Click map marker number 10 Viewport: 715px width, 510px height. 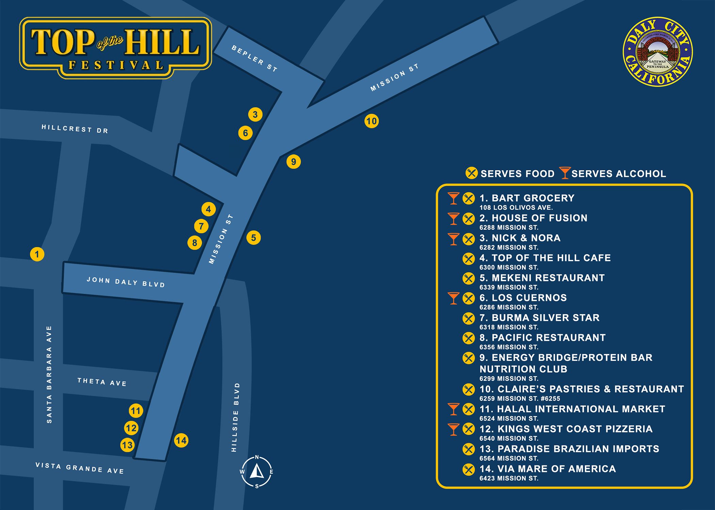coord(371,121)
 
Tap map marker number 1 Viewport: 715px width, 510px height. coord(37,254)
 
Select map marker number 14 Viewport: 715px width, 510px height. coord(181,441)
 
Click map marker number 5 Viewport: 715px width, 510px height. coord(254,238)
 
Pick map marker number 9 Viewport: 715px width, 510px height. coord(293,161)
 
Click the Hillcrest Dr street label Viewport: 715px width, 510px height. coord(75,129)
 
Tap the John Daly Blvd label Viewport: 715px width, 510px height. coord(126,282)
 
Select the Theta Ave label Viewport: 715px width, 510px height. coord(102,382)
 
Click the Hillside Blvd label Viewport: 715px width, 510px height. coord(235,417)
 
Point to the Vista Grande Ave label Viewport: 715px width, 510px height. coord(80,468)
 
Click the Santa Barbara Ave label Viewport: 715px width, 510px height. coord(49,374)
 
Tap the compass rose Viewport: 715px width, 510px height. coord(257,472)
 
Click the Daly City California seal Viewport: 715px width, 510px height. coord(657,52)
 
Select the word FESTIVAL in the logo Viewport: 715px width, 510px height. coord(116,65)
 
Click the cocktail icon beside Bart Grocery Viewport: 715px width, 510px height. coord(454,198)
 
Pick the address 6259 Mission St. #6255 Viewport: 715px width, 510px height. coord(520,398)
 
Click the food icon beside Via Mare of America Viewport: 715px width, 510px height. coord(468,469)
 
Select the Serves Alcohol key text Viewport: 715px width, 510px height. coord(618,174)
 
